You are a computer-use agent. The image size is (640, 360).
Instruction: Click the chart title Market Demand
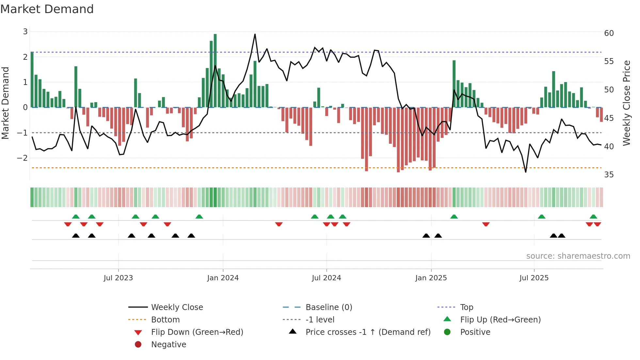(x=47, y=9)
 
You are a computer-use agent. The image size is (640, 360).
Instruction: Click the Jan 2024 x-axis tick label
(x=223, y=278)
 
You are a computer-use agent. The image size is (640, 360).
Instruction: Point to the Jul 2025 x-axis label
(x=534, y=278)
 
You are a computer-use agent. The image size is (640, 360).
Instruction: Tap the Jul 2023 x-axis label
(x=118, y=278)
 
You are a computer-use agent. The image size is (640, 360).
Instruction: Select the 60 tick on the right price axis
(x=609, y=33)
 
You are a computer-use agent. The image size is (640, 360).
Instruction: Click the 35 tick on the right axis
(x=609, y=175)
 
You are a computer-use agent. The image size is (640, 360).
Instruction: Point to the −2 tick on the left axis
(x=22, y=158)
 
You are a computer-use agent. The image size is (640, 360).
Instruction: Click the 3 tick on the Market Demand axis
(x=25, y=32)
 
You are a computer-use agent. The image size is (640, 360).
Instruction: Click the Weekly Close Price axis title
(x=626, y=103)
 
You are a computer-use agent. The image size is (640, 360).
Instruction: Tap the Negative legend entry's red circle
(x=138, y=345)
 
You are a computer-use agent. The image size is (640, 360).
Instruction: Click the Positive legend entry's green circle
(x=447, y=332)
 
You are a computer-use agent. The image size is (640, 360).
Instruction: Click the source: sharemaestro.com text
(x=578, y=256)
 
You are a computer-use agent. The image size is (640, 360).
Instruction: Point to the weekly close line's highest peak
(x=255, y=34)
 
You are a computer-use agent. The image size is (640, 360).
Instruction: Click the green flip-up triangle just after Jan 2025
(x=454, y=217)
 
